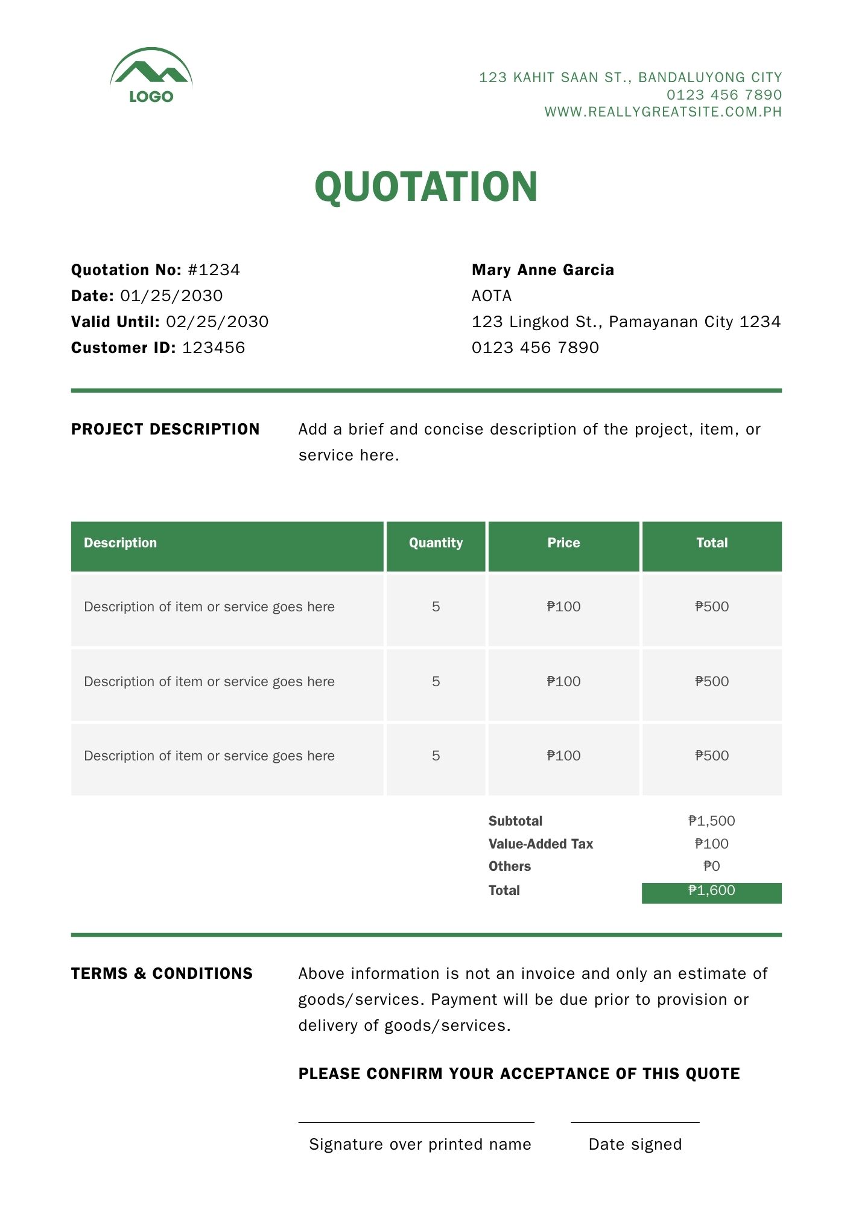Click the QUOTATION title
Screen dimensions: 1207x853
[426, 186]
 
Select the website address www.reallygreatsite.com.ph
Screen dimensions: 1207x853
[663, 112]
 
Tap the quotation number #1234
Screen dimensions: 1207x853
[214, 270]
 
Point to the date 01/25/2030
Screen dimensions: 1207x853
[171, 296]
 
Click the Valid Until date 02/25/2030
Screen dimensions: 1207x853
[217, 322]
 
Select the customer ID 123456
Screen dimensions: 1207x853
[214, 348]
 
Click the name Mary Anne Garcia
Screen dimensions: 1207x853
[543, 270]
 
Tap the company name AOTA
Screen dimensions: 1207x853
[492, 296]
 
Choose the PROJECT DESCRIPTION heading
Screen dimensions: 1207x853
[165, 429]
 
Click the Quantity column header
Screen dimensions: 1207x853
[436, 543]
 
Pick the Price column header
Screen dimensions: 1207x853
[563, 543]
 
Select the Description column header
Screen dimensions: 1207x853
[120, 543]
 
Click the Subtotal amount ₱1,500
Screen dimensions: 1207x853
[712, 821]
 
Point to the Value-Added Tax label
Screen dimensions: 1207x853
[541, 844]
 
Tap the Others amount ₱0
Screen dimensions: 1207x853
[712, 867]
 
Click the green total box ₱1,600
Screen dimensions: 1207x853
[712, 893]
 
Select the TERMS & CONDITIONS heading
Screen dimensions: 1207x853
[162, 973]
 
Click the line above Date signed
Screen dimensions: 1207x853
[635, 1123]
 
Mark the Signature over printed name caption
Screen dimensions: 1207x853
[420, 1144]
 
